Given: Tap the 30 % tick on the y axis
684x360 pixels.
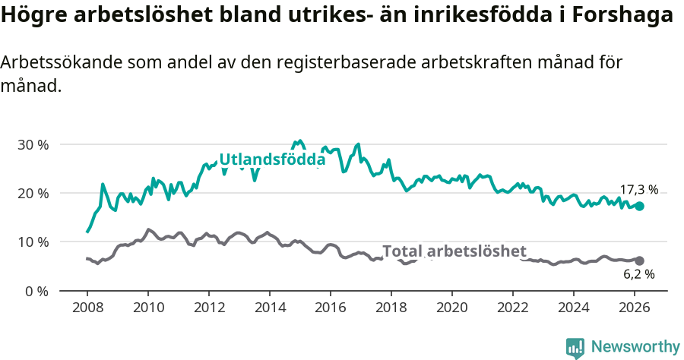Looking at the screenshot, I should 33,144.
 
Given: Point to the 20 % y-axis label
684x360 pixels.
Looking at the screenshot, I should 33,193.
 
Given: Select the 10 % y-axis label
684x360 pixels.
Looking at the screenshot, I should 33,242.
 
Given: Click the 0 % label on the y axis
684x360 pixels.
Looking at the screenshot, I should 36,291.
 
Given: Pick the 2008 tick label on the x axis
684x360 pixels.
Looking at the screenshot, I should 87,308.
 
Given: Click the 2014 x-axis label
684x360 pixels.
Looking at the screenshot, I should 270,308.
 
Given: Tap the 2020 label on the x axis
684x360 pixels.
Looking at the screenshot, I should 452,308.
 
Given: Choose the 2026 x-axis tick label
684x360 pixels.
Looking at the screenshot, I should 635,308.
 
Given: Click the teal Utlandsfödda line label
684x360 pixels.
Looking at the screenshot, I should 272,160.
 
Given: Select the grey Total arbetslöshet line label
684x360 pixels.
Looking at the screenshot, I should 454,251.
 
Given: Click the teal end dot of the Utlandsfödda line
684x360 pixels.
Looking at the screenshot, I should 639,206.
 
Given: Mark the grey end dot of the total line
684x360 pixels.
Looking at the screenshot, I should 639,261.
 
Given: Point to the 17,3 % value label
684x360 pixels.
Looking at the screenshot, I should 638,190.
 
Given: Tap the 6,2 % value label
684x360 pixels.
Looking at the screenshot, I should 638,275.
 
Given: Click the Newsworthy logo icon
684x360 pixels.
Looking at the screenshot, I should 575,347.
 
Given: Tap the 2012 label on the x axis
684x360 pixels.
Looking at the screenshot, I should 209,308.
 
